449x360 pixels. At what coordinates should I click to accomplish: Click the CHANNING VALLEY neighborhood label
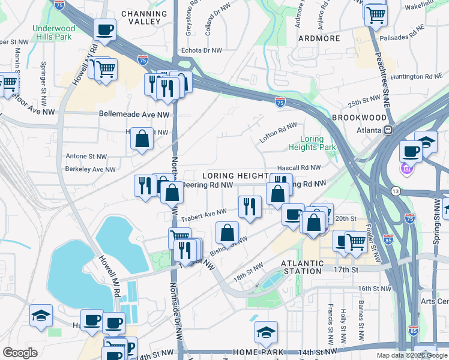point(144,17)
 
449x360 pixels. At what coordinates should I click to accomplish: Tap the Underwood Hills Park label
point(54,32)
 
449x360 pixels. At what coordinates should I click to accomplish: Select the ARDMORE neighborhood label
point(319,38)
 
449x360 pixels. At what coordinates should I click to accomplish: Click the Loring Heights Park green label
point(312,143)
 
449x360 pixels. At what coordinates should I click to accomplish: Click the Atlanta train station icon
point(389,130)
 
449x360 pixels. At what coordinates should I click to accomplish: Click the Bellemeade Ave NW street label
point(134,113)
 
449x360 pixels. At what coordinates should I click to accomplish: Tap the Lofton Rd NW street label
point(278,132)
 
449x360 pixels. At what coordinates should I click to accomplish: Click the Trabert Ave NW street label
point(205,213)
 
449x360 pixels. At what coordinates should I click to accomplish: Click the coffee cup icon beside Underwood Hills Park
point(104,29)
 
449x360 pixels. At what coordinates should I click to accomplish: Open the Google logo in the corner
point(20,353)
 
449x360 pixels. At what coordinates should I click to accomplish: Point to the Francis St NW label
point(330,319)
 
